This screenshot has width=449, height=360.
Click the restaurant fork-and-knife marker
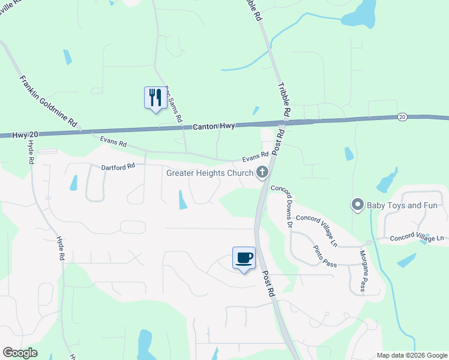pyautogui.click(x=155, y=98)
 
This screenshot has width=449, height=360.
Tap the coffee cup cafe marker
pyautogui.click(x=244, y=258)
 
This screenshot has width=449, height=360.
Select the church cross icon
pyautogui.click(x=262, y=173)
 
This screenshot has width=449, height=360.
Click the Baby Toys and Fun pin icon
pyautogui.click(x=357, y=206)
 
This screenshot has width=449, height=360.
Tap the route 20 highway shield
pyautogui.click(x=402, y=116)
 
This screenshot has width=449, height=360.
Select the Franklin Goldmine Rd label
pyautogui.click(x=49, y=102)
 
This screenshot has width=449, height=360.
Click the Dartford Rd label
pyautogui.click(x=117, y=167)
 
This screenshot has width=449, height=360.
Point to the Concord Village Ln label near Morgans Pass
pyautogui.click(x=417, y=238)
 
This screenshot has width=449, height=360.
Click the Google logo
pyautogui.click(x=20, y=353)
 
